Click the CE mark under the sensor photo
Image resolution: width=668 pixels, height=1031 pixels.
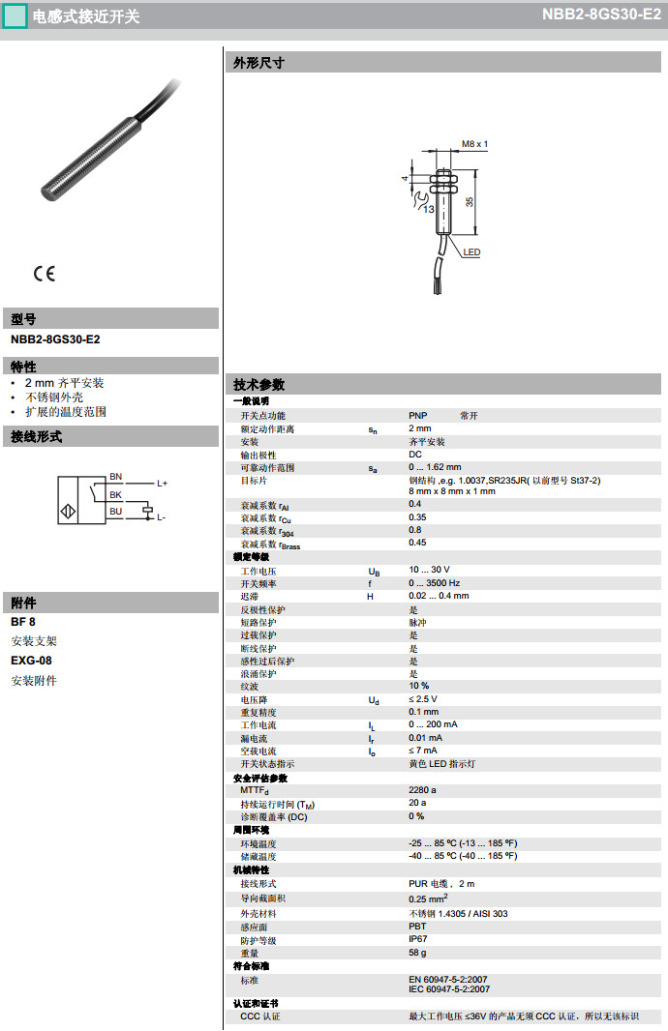(45, 274)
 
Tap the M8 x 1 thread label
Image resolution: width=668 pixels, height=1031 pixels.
(474, 143)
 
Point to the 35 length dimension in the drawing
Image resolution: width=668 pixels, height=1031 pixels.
(470, 201)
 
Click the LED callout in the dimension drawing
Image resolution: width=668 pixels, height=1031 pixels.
(471, 252)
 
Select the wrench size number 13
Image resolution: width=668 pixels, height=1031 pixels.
(427, 208)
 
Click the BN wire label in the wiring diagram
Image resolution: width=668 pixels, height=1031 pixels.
(116, 477)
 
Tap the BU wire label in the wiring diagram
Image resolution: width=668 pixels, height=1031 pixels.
(116, 511)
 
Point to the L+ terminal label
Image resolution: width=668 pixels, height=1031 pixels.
(162, 483)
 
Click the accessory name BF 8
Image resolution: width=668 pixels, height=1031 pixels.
(23, 622)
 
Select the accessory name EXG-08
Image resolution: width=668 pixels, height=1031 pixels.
(31, 661)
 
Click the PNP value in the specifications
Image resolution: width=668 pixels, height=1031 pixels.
(417, 415)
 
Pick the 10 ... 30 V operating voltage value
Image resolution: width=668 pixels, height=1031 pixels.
(429, 570)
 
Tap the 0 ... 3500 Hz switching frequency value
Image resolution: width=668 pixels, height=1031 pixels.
(434, 583)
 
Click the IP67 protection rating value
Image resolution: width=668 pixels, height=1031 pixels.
(417, 939)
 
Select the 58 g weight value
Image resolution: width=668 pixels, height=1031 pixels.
(417, 953)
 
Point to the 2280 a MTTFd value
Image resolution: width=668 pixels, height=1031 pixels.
(422, 789)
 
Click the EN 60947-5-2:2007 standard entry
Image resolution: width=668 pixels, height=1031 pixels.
(448, 979)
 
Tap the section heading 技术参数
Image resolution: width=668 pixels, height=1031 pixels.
(259, 384)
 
